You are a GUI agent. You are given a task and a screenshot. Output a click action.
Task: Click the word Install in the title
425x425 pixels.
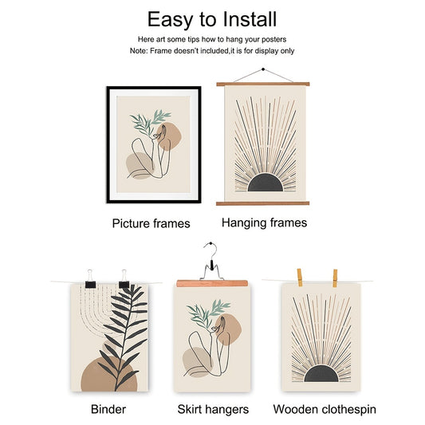point(250,19)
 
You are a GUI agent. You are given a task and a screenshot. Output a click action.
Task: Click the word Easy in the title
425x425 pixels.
point(170,20)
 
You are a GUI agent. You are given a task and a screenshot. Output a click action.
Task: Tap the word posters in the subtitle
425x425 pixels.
point(273,40)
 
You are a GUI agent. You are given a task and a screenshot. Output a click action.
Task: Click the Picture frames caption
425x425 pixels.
point(152,223)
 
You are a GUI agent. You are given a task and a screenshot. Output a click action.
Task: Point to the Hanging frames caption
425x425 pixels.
point(264,222)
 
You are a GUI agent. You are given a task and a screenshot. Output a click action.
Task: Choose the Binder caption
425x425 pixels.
point(108,409)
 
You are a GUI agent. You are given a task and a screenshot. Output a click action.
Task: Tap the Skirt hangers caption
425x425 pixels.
point(213,410)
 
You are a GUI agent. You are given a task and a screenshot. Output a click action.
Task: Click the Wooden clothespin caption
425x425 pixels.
point(325,410)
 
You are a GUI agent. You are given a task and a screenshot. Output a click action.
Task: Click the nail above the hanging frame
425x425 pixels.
point(263,69)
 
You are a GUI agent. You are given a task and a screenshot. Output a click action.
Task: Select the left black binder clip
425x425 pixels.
point(90,279)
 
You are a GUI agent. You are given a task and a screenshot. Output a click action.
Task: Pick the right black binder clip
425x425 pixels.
point(124,279)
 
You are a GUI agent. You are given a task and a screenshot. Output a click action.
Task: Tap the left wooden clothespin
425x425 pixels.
point(300,277)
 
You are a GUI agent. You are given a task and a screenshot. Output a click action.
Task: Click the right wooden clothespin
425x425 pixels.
point(335,278)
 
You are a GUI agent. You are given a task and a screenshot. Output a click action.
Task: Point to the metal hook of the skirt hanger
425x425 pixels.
point(211,250)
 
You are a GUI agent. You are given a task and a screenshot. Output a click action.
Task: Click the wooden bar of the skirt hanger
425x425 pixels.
point(212,284)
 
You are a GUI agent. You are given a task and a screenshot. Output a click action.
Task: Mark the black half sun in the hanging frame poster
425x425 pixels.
point(266,183)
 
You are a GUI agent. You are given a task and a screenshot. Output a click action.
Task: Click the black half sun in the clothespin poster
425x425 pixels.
point(321,373)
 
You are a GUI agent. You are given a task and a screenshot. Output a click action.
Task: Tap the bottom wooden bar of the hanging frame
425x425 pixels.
point(262,203)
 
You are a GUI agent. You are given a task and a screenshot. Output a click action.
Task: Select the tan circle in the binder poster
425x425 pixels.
point(109,376)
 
